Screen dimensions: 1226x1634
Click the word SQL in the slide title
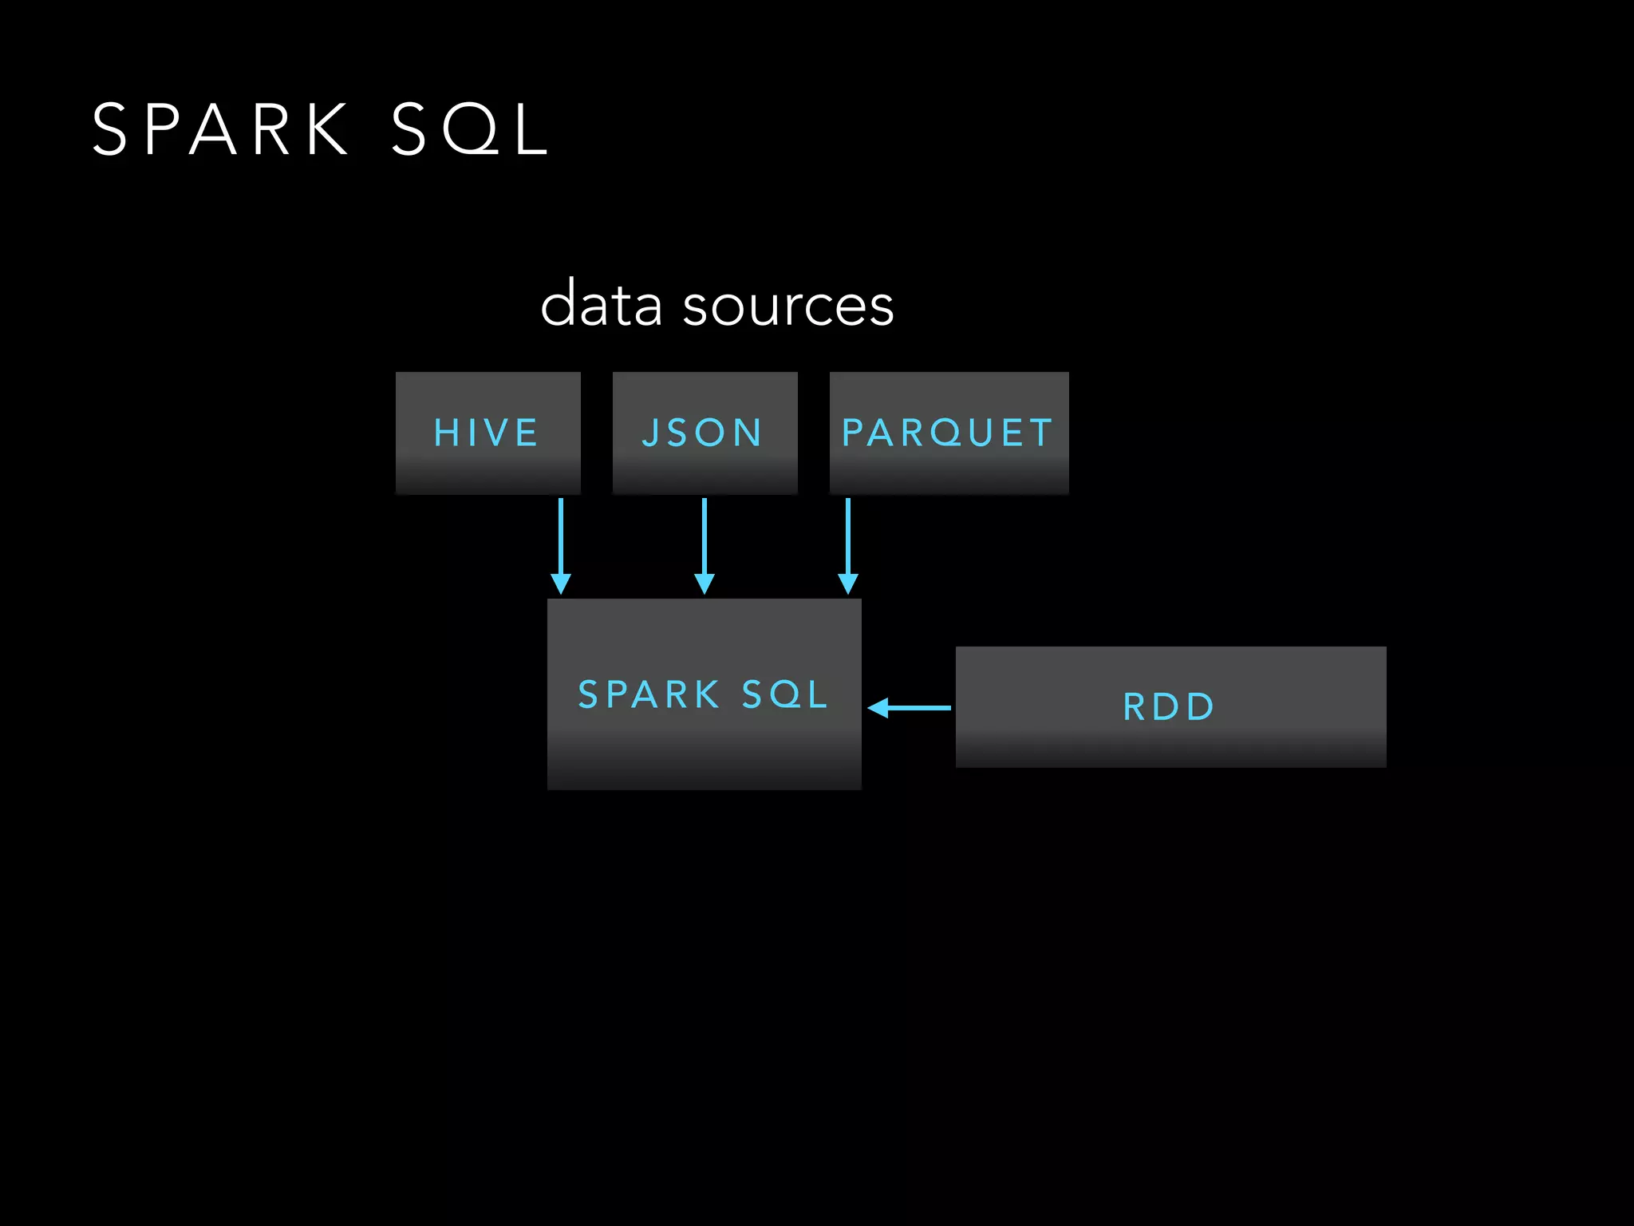[470, 129]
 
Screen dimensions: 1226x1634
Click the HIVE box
[487, 433]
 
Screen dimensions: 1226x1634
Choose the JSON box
[705, 433]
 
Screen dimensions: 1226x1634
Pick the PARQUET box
[949, 433]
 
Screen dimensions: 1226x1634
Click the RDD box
[1170, 706]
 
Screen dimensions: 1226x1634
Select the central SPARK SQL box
[704, 694]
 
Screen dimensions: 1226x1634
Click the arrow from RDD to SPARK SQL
[914, 708]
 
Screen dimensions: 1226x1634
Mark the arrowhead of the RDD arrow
[878, 708]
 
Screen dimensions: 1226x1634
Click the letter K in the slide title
[327, 129]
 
